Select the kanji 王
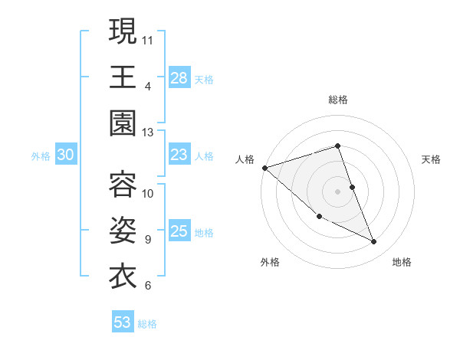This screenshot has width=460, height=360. pyautogui.click(x=123, y=77)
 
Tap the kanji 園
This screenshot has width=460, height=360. pyautogui.click(x=123, y=123)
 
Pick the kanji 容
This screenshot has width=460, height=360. pyautogui.click(x=123, y=183)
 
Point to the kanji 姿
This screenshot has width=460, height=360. pyautogui.click(x=123, y=229)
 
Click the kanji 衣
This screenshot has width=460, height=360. pyautogui.click(x=123, y=275)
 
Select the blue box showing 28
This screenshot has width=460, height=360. pyautogui.click(x=179, y=78)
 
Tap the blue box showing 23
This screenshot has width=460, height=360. pyautogui.click(x=179, y=155)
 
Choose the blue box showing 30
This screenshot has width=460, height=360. pyautogui.click(x=66, y=155)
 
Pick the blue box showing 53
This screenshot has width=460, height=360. pyautogui.click(x=123, y=322)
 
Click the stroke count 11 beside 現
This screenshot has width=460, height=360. pyautogui.click(x=148, y=38)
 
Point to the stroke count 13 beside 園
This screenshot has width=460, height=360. pyautogui.click(x=148, y=133)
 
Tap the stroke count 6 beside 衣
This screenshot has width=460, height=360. pyautogui.click(x=147, y=286)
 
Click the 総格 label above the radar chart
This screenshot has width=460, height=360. pyautogui.click(x=338, y=100)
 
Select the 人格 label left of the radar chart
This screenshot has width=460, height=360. pyautogui.click(x=245, y=159)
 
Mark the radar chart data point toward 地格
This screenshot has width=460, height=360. pyautogui.click(x=374, y=242)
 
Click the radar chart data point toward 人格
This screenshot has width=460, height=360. pyautogui.click(x=264, y=167)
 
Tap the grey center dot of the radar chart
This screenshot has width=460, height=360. pyautogui.click(x=338, y=191)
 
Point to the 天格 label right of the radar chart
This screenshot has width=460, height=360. pyautogui.click(x=432, y=159)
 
